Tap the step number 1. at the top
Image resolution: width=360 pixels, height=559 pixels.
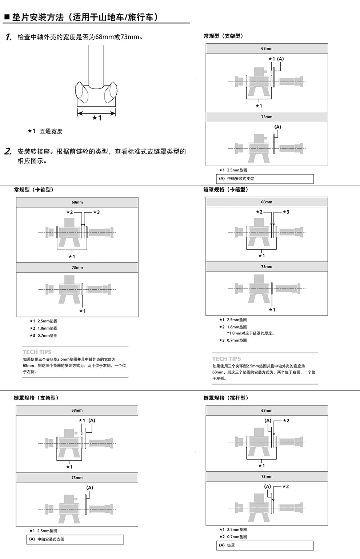(9, 37)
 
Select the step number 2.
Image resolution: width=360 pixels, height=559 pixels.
(8, 151)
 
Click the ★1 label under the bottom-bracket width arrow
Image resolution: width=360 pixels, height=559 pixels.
(97, 118)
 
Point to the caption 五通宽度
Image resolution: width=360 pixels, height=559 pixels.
(51, 131)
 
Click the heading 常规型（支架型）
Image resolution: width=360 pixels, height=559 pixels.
(223, 36)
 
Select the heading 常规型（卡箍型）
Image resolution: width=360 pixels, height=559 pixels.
(34, 190)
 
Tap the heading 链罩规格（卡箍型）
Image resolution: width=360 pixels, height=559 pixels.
(226, 190)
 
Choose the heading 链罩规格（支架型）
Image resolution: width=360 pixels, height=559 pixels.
(36, 398)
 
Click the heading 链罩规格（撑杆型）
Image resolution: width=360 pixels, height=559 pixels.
(226, 398)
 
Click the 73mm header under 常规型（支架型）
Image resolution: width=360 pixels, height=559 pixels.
(267, 117)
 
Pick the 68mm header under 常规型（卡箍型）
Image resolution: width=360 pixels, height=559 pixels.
(77, 202)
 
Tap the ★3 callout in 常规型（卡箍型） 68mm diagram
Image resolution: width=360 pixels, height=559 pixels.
(96, 212)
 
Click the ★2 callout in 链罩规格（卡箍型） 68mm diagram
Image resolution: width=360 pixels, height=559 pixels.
(259, 212)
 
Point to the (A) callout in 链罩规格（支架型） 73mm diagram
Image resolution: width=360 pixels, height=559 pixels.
(90, 488)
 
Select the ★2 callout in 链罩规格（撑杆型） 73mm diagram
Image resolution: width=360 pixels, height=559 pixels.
(286, 487)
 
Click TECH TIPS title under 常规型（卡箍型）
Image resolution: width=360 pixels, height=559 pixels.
(37, 352)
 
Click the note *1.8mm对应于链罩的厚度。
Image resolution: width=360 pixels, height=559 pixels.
(251, 333)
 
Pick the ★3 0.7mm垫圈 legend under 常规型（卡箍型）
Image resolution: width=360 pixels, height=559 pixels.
(44, 336)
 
